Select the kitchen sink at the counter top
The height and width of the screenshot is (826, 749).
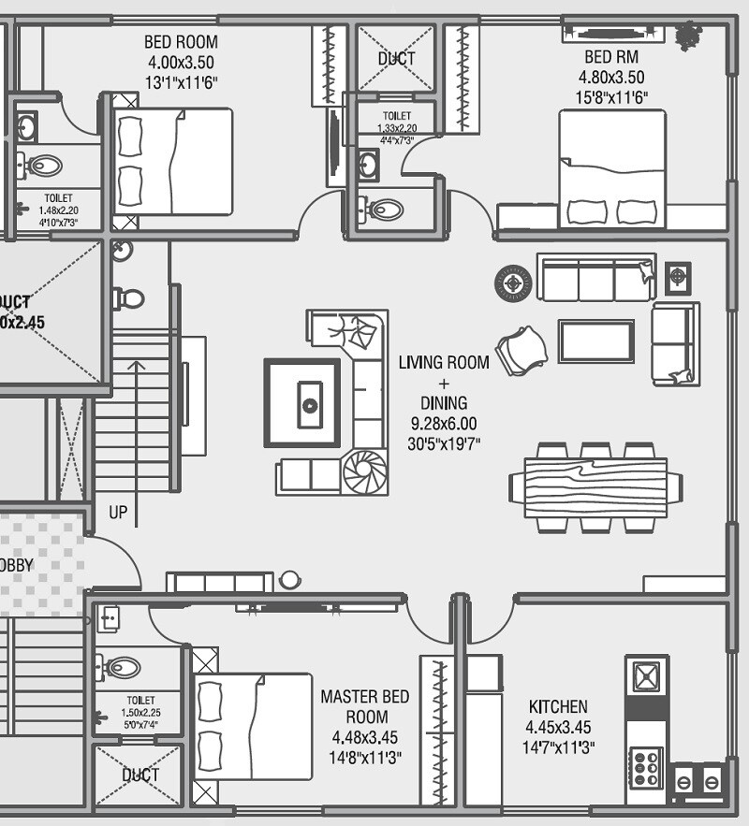pos(647,675)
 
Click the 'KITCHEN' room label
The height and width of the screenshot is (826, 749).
pos(558,707)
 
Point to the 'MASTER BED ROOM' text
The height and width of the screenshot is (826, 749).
pos(364,707)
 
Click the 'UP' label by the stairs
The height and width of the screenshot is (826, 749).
pos(118,514)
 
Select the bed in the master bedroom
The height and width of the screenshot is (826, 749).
pos(252,726)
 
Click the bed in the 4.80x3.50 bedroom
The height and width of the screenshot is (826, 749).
pos(612,168)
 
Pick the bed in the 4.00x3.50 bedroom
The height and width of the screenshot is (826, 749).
pos(173,162)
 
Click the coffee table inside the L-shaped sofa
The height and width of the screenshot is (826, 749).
pos(301,402)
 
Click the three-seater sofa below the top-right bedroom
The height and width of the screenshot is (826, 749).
pos(596,277)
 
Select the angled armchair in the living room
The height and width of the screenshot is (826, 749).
pos(522,349)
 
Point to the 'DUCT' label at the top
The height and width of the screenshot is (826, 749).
pos(396,59)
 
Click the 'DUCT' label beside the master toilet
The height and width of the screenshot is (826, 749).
pos(140,775)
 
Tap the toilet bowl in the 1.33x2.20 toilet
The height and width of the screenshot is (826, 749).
pos(383,209)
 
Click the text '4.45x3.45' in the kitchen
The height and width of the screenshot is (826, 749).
pos(558,727)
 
